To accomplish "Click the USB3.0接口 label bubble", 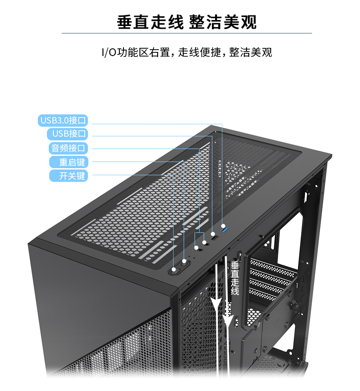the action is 63,120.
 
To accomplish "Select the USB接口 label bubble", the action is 67,134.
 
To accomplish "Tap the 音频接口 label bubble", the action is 68,148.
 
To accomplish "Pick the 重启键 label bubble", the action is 69,162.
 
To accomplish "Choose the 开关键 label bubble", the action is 69,176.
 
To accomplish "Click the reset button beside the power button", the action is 185,264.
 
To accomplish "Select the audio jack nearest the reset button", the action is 199,249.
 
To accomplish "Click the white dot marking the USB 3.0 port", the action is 223,226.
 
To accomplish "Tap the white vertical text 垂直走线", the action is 235,278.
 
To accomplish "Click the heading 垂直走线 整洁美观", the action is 187,22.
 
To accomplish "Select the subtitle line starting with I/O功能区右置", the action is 187,52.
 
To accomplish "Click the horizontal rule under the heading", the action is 187,33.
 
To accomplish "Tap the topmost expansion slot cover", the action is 273,267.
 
